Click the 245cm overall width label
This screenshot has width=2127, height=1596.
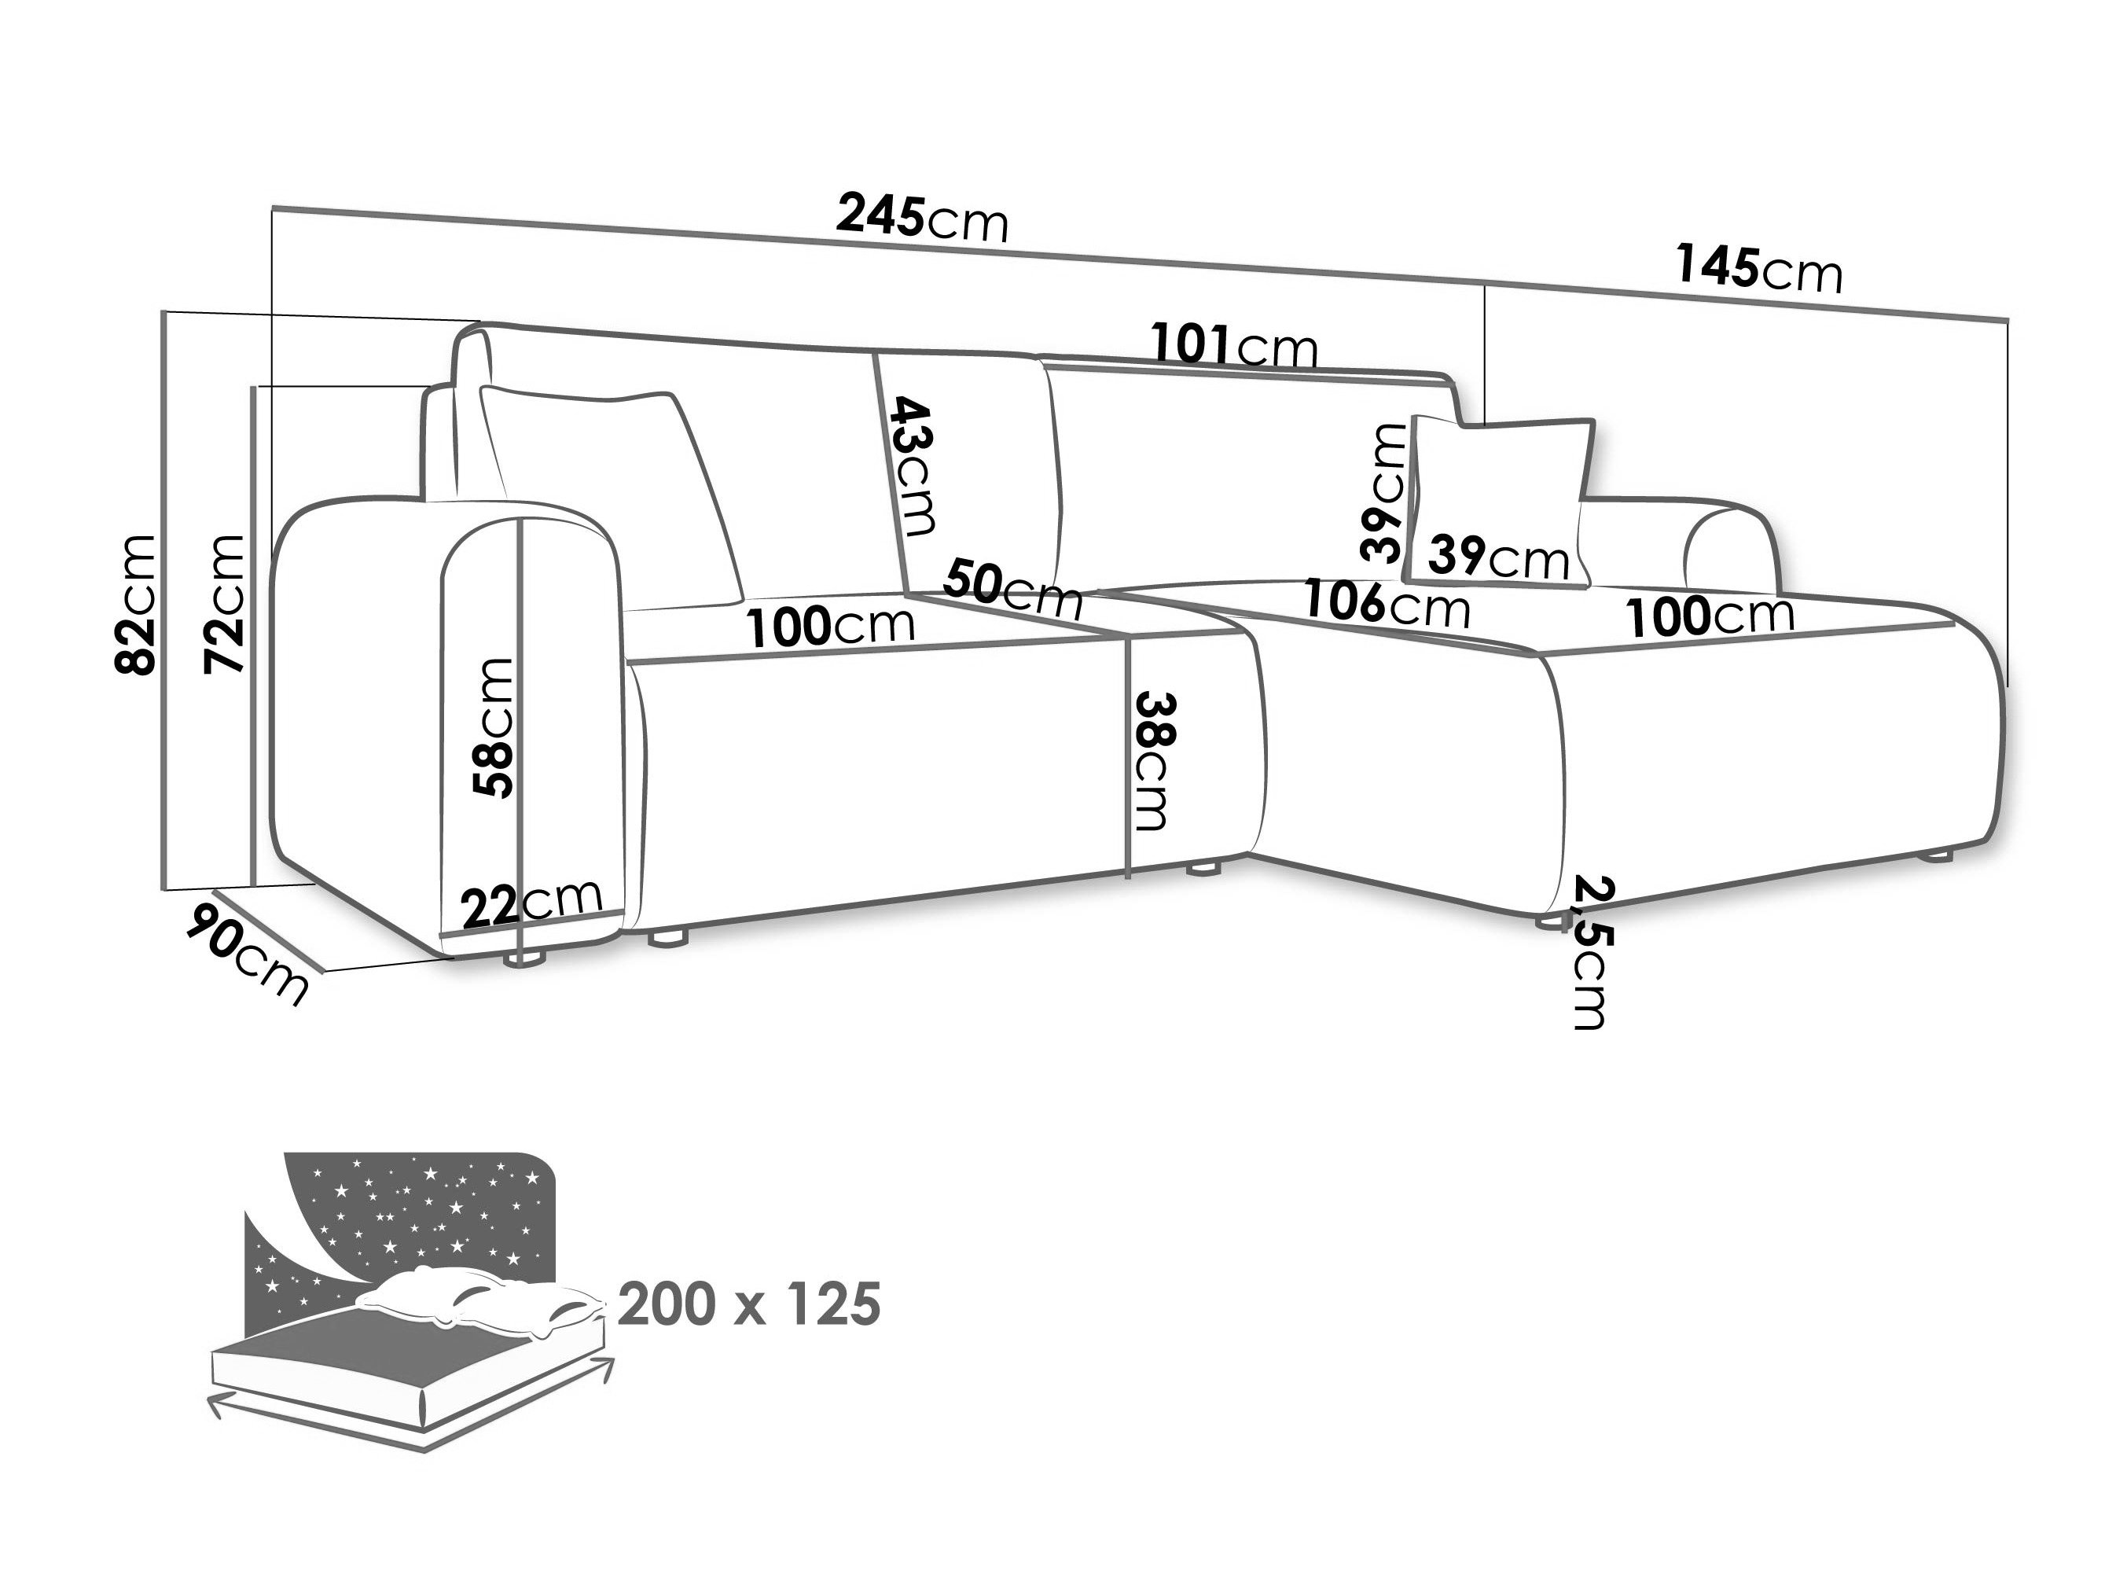click(922, 218)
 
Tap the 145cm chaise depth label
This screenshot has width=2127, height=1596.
click(1758, 267)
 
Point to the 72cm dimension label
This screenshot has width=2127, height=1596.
click(224, 603)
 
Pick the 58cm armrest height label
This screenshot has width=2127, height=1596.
click(494, 727)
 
